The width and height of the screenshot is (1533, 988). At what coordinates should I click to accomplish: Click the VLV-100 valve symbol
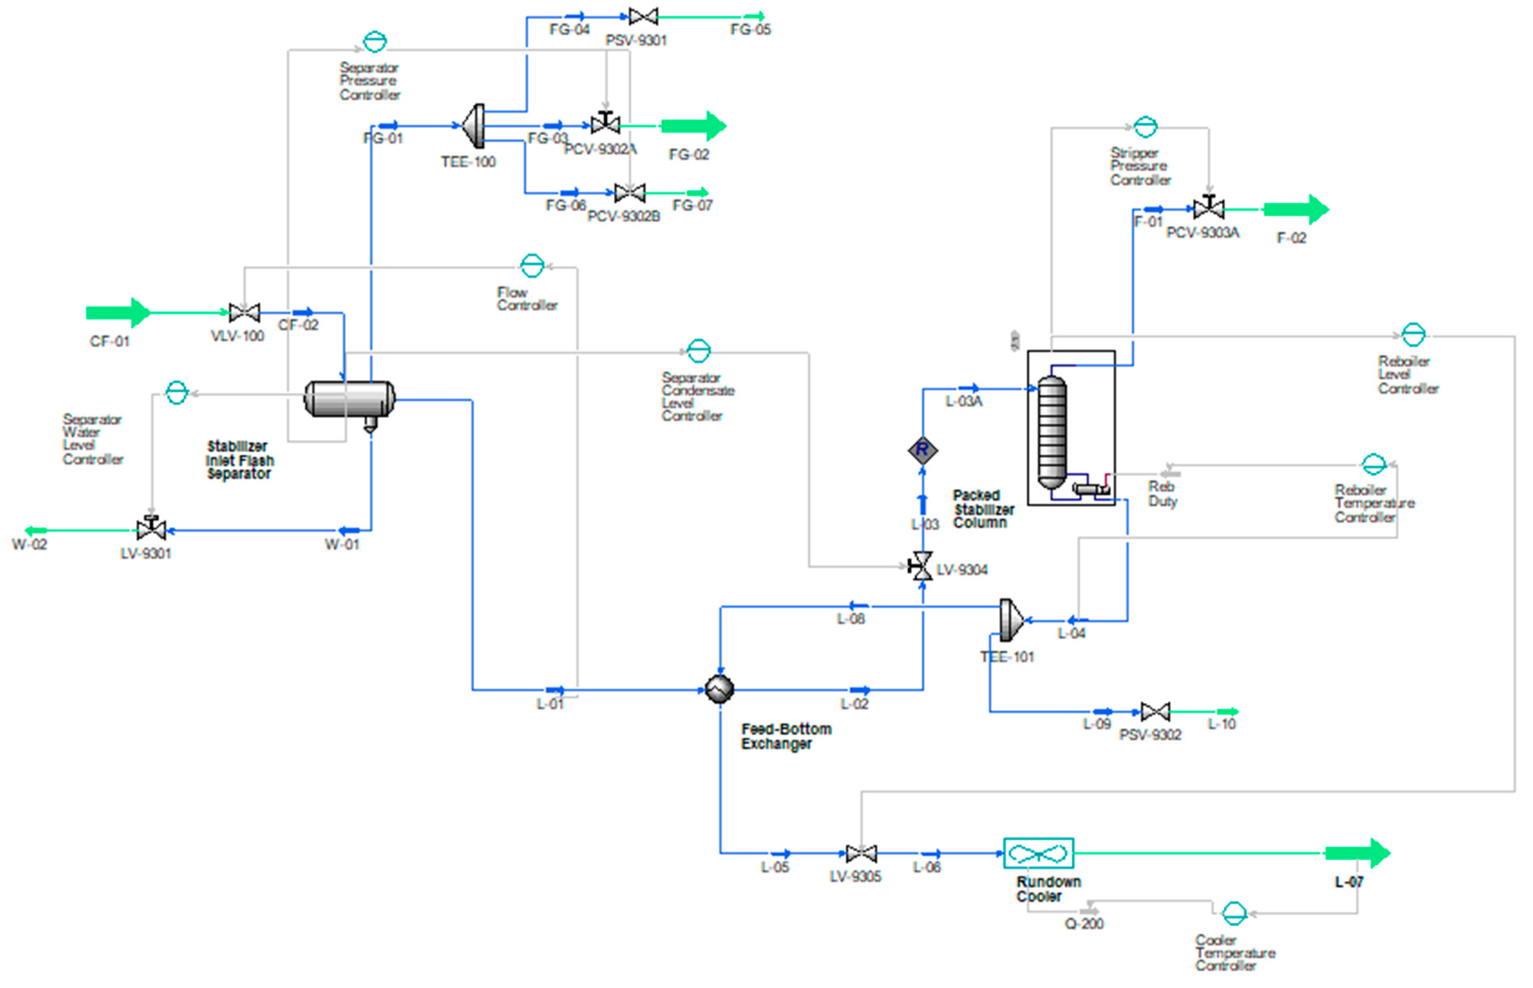(x=245, y=313)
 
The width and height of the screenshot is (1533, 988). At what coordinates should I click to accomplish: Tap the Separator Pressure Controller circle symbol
(x=375, y=42)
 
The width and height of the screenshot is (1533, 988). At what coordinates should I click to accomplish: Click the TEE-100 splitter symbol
(x=474, y=126)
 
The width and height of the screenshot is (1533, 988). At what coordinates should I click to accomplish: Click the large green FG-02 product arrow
(x=693, y=126)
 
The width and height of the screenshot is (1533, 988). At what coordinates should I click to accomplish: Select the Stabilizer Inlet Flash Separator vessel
(x=350, y=399)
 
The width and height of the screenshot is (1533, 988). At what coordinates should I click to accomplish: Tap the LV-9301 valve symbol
(x=151, y=529)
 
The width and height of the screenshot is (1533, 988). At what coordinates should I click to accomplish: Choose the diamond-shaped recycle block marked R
(x=923, y=450)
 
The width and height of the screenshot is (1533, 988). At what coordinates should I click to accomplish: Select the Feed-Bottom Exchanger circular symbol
(x=719, y=690)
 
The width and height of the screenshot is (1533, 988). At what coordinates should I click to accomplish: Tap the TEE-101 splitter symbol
(x=1010, y=620)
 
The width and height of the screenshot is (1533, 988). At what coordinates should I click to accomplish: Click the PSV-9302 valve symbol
(x=1155, y=712)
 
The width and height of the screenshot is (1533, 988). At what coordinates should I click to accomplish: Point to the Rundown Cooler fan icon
(x=1038, y=853)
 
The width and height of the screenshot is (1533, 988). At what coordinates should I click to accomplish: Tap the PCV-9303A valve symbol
(x=1209, y=208)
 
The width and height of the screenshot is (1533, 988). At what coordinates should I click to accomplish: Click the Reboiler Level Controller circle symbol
(x=1413, y=334)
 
